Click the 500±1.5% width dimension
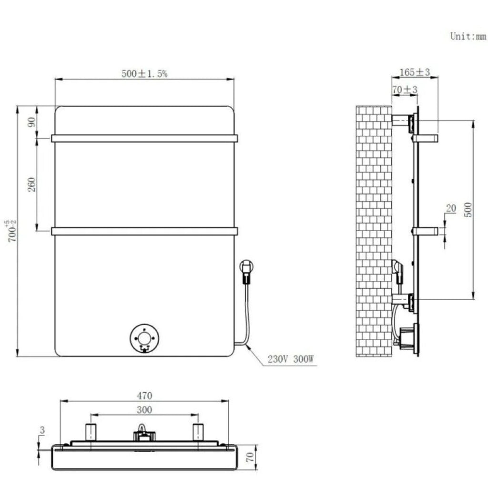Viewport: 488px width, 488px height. tap(144, 73)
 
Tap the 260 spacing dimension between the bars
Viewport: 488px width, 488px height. tap(32, 184)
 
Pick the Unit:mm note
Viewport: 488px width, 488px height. tap(468, 37)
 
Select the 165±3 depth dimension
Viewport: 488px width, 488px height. tap(415, 72)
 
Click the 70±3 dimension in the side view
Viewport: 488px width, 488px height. tap(405, 90)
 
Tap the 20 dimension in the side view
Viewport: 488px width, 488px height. tap(451, 208)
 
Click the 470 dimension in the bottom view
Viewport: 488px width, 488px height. tap(144, 396)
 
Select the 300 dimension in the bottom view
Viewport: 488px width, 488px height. tap(144, 409)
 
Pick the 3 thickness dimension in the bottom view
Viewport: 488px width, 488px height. tap(42, 430)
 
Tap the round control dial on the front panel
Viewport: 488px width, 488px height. tap(144, 339)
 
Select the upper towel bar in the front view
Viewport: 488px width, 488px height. tap(144, 138)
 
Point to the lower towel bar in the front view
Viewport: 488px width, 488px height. tap(144, 231)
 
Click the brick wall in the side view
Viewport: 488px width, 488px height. tap(373, 229)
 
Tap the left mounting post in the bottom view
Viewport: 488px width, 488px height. tap(91, 432)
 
